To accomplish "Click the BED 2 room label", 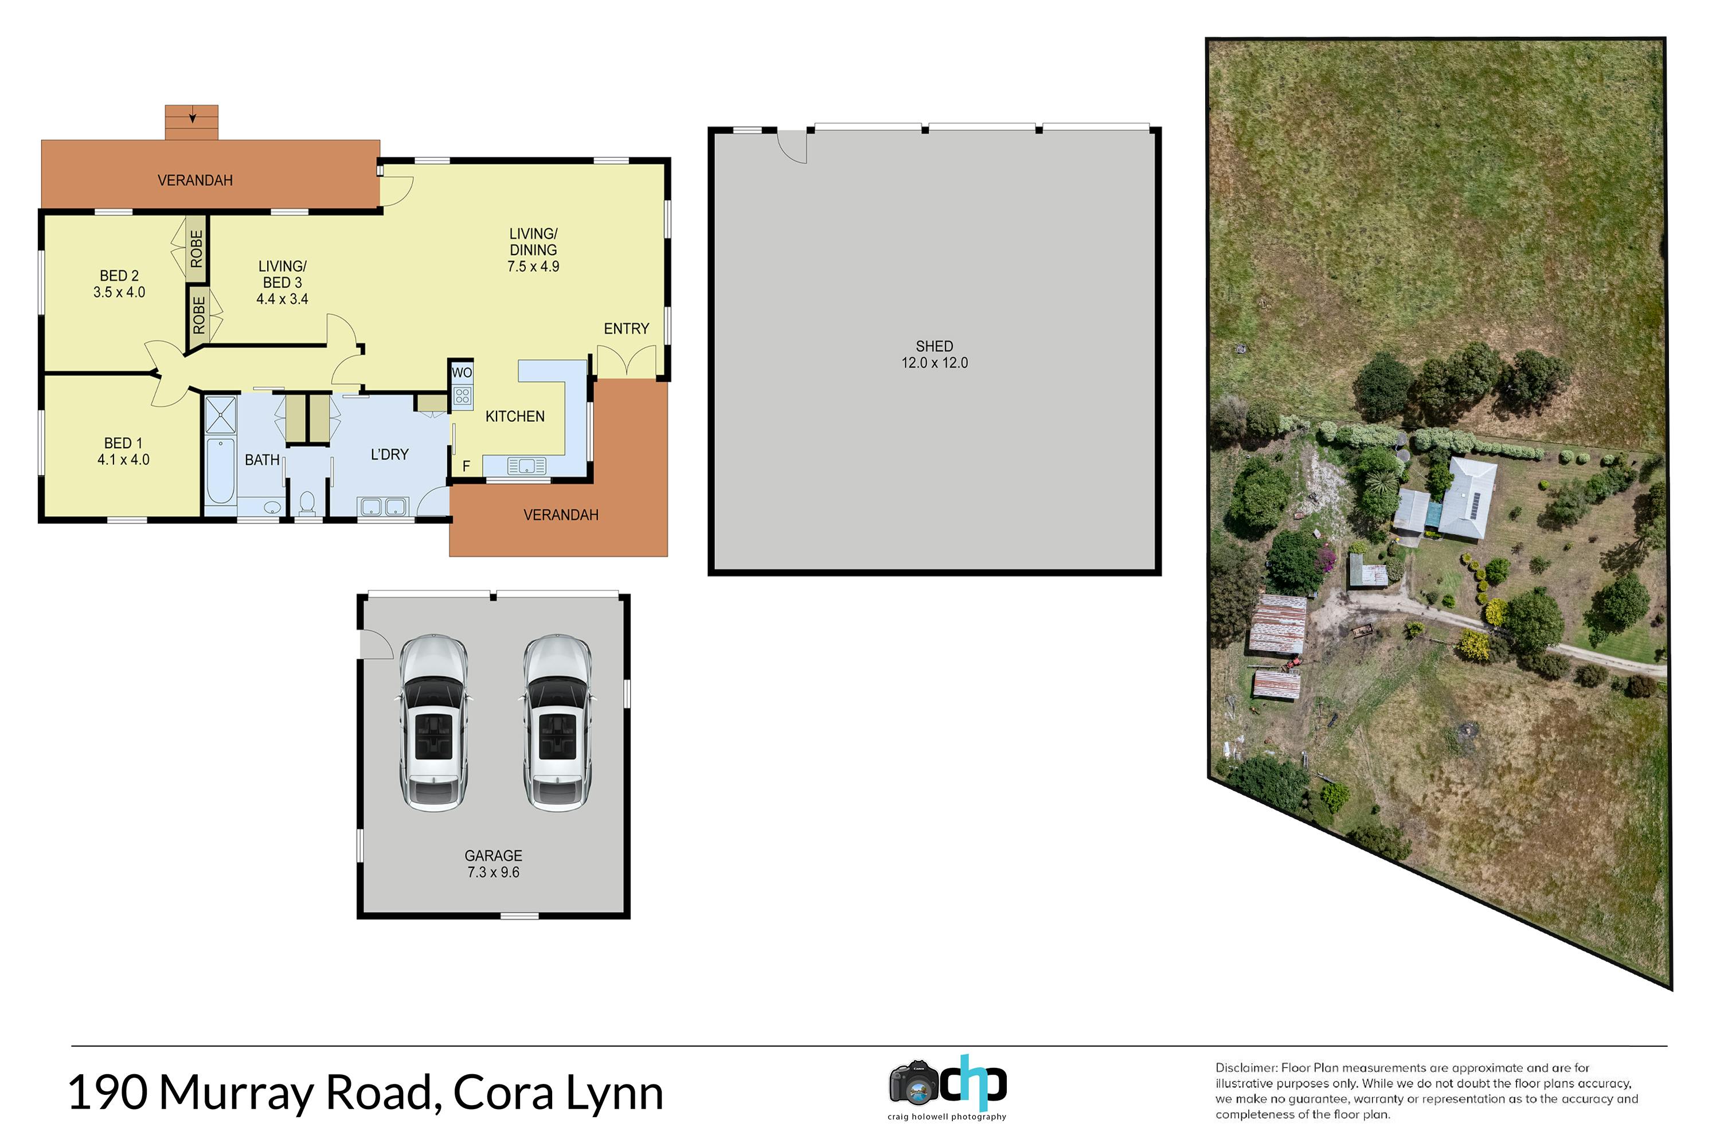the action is click(119, 276).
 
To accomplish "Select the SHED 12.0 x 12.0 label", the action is click(935, 355).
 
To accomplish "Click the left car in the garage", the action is click(434, 723).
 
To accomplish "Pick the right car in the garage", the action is click(557, 723).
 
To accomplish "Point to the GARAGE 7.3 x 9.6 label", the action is click(494, 864).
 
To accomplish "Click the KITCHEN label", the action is click(515, 416).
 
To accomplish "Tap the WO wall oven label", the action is click(462, 373).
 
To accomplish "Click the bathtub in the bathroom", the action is click(220, 471).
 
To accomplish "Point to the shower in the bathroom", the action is click(220, 415).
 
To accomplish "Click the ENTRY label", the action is click(626, 329).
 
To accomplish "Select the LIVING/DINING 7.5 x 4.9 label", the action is click(533, 250).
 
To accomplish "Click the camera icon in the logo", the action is click(913, 1083).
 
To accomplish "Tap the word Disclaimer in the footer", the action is click(1246, 1068).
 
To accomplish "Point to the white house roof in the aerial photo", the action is click(1466, 498).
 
